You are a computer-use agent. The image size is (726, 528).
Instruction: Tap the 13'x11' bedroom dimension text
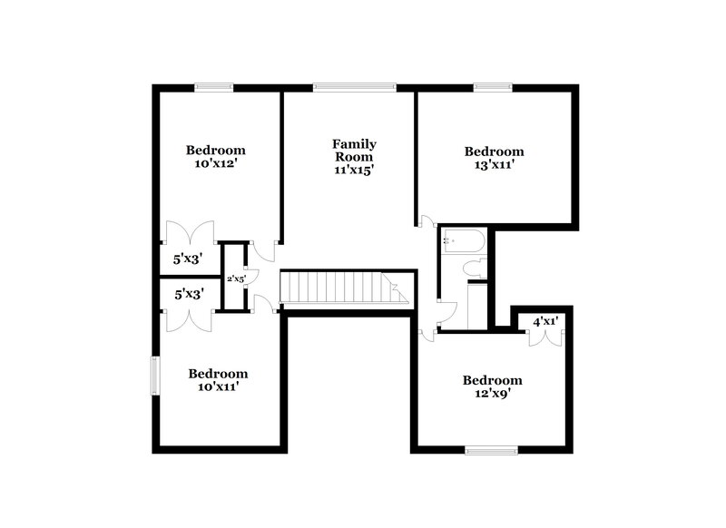coord(494,165)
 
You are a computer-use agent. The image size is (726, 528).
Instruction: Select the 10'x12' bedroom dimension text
coord(216,164)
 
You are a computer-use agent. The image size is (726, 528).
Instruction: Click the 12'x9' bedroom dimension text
coord(492,394)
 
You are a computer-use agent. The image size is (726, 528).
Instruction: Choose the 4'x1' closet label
coord(544,321)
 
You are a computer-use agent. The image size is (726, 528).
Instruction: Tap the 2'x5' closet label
coord(235,279)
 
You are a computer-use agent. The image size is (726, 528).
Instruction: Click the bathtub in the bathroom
coord(464,240)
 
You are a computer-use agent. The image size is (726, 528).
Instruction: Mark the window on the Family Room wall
coord(354,87)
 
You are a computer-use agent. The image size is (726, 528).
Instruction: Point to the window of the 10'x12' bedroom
coord(214,87)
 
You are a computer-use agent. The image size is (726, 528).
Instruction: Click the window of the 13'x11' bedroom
coord(493,87)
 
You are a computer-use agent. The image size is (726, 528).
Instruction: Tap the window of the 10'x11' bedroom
coord(155,376)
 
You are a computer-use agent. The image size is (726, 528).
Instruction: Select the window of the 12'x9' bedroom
coord(491,449)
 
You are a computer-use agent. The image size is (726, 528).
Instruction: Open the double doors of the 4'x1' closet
coord(544,337)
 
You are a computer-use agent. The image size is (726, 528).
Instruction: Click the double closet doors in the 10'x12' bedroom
coord(188,233)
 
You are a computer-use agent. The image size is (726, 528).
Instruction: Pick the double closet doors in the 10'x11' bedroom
coord(188,319)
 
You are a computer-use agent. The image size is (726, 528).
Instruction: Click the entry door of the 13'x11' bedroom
coord(427,223)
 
